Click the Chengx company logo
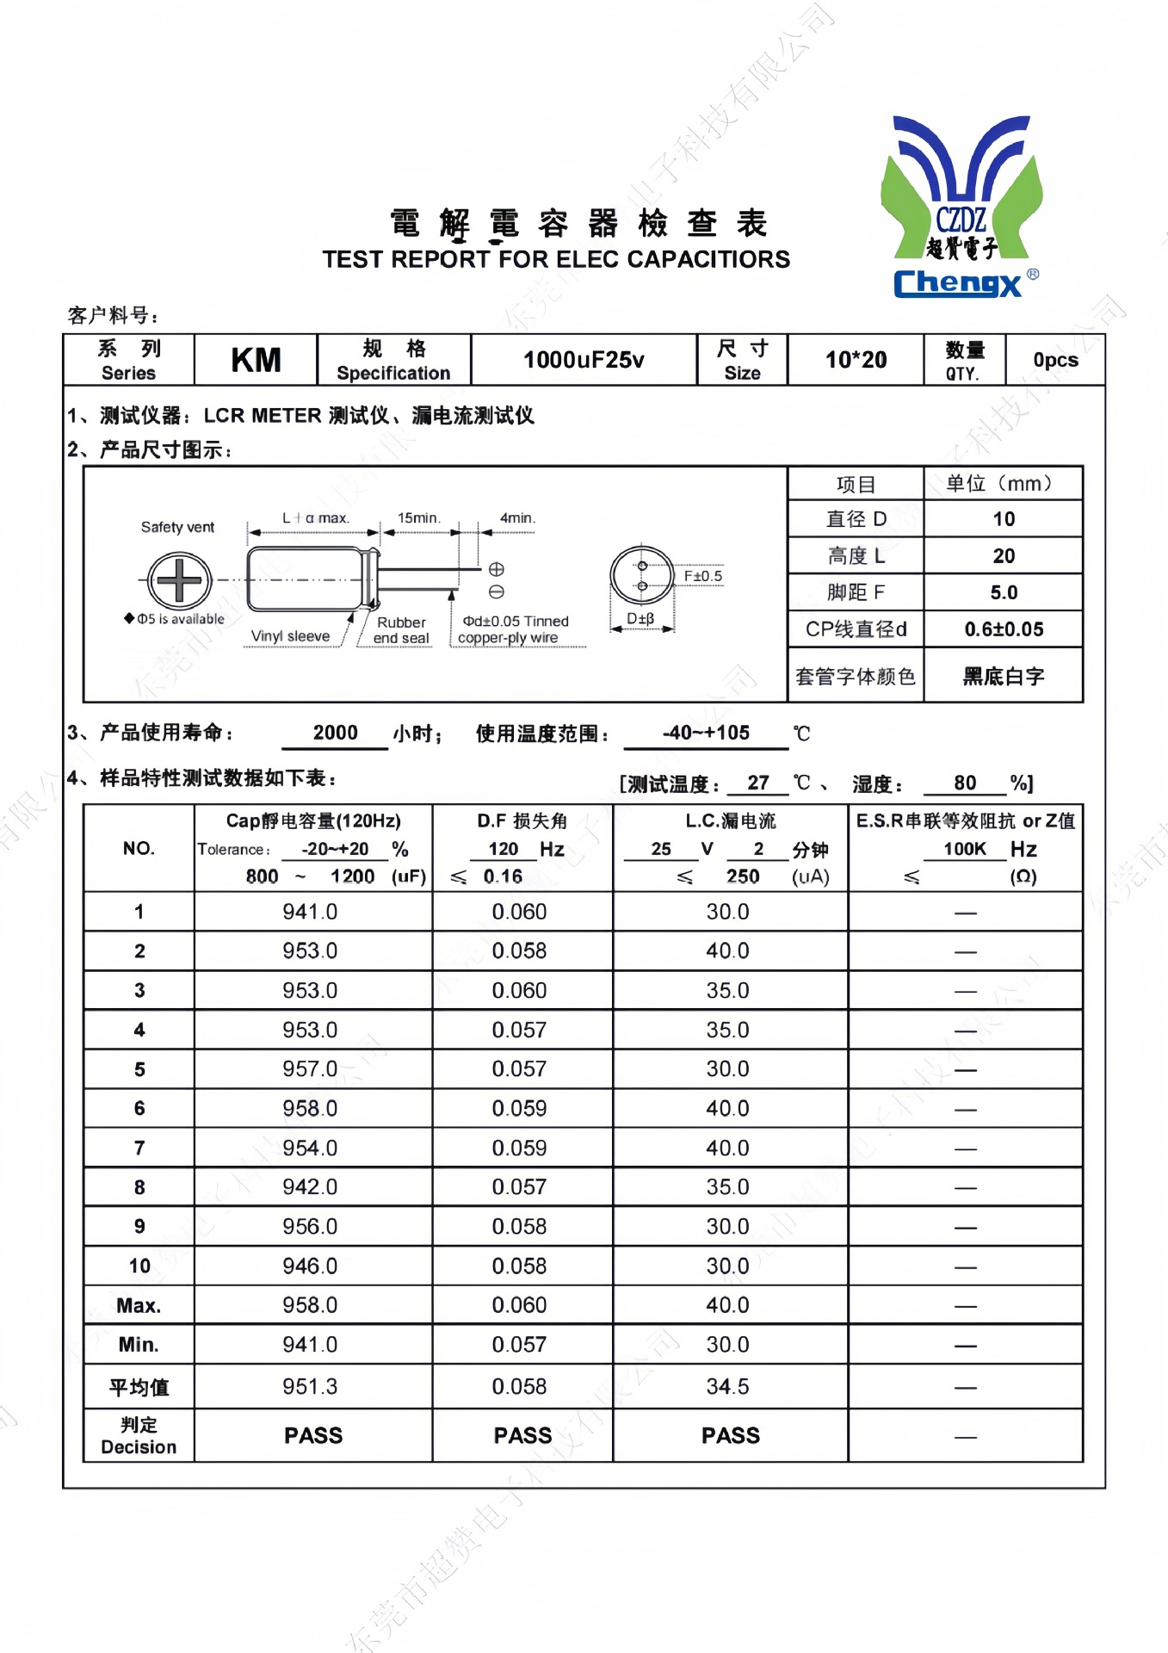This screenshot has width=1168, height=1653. (x=961, y=207)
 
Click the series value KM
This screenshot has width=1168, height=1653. (x=256, y=360)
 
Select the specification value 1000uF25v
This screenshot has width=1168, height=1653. (x=584, y=360)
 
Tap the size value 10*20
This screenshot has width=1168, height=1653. (x=856, y=360)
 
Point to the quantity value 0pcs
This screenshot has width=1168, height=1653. (x=1055, y=360)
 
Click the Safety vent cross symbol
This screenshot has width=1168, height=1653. (x=179, y=580)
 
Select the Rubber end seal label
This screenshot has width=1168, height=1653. (x=401, y=630)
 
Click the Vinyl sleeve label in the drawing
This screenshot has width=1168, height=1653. (x=290, y=636)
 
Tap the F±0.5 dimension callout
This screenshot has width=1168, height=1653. (x=702, y=576)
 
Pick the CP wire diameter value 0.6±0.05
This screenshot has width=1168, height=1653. (x=1004, y=629)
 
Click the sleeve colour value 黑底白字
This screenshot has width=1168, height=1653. (x=1004, y=677)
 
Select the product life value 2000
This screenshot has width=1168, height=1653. (x=335, y=733)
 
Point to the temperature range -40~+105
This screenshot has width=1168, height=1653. (x=706, y=733)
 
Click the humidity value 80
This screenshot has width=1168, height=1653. (x=965, y=783)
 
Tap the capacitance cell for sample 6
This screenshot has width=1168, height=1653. (x=310, y=1109)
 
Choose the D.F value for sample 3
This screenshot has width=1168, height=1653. (x=519, y=991)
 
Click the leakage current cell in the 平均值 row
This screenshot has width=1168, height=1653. (x=727, y=1387)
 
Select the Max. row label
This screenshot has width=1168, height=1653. (x=139, y=1306)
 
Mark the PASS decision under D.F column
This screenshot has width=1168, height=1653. (x=522, y=1435)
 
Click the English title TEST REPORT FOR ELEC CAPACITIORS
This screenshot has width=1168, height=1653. (x=556, y=259)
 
